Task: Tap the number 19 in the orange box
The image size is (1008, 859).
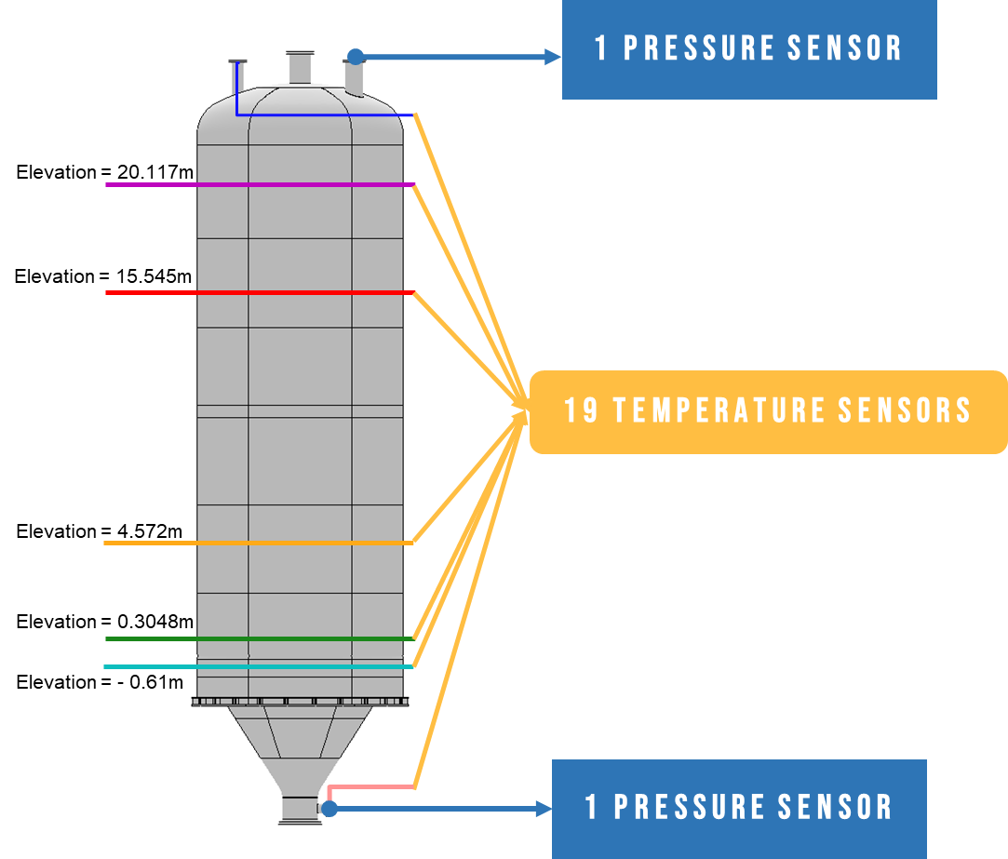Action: click(x=582, y=410)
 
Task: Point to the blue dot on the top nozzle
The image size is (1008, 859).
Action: click(x=356, y=57)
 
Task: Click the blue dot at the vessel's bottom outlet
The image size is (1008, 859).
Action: click(x=329, y=808)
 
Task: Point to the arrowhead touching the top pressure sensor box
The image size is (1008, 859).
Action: click(x=553, y=57)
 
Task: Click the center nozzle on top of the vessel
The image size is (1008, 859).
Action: click(x=300, y=68)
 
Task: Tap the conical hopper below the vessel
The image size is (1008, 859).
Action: click(x=300, y=745)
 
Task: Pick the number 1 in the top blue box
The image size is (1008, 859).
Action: click(x=601, y=48)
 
